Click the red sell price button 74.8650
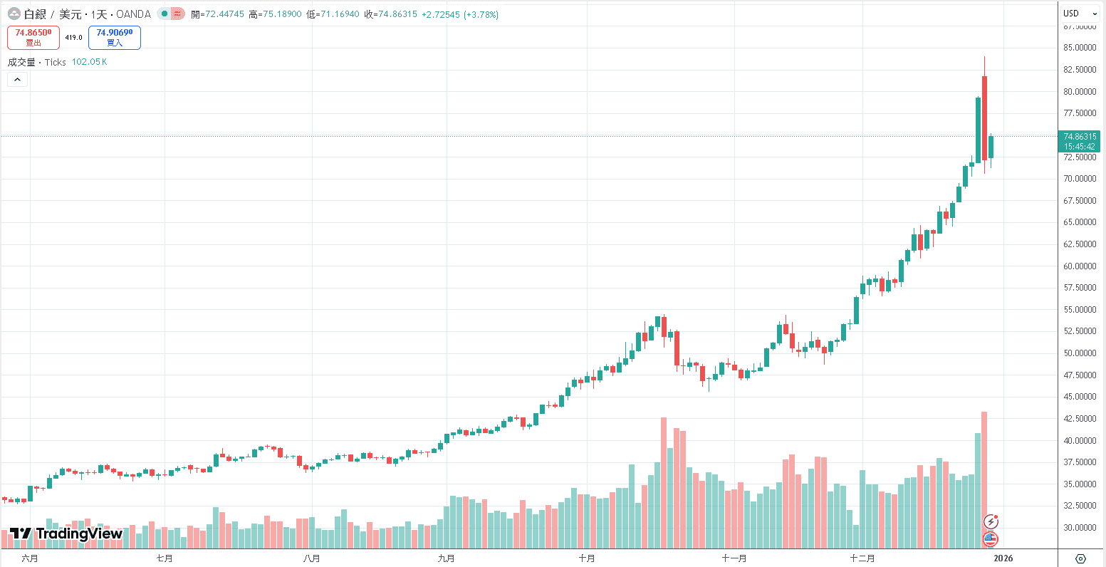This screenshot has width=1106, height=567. click(x=33, y=37)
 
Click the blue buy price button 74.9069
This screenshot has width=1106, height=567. click(x=114, y=37)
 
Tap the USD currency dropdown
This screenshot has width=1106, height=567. click(x=1080, y=14)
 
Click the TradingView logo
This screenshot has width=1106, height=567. click(x=66, y=534)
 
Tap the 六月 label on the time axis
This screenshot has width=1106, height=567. click(x=30, y=558)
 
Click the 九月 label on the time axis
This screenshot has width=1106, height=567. click(x=446, y=558)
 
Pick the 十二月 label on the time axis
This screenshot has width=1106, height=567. click(x=862, y=558)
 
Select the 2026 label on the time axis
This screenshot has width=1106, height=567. click(x=1003, y=558)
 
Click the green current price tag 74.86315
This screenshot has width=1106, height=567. click(x=1080, y=136)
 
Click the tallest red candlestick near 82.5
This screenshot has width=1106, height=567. click(x=984, y=118)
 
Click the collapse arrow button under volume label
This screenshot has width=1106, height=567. click(x=18, y=80)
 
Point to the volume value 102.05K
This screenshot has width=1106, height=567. click(x=90, y=62)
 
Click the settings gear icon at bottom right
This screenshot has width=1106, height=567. click(x=1080, y=558)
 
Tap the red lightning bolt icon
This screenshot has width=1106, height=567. click(x=991, y=521)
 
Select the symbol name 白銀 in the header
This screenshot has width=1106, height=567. click(x=35, y=14)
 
